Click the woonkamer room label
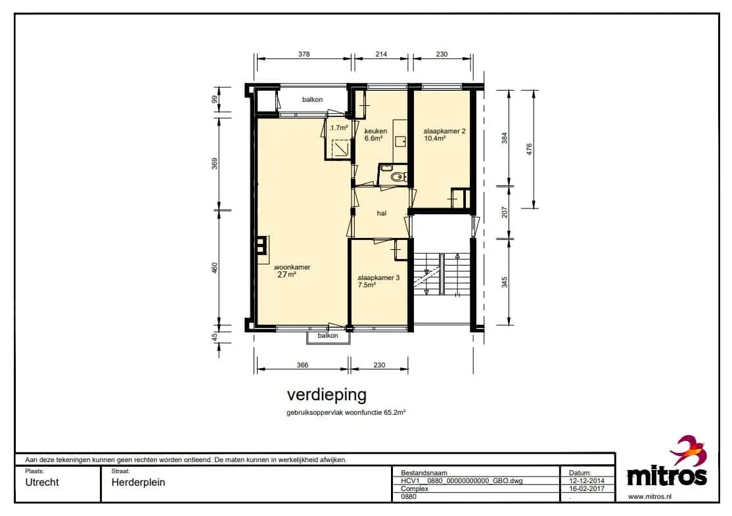pos(292,267)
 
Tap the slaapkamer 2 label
pos(444,131)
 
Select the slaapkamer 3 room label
pos(378,277)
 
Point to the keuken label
pos(376,131)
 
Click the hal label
pos(382,214)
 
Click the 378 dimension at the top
pos(304,54)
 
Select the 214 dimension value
pos(381,54)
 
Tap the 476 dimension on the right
pos(529,149)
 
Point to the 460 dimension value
pos(215,268)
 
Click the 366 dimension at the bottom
pos(302,365)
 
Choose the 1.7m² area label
pos(339,128)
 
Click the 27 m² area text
pos(286,275)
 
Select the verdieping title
pos(327,395)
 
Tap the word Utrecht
pos(42,482)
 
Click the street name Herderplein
pos(138,482)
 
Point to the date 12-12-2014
pos(587,481)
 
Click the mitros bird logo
pos(689,450)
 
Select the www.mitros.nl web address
pos(650,496)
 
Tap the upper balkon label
pos(312,99)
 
